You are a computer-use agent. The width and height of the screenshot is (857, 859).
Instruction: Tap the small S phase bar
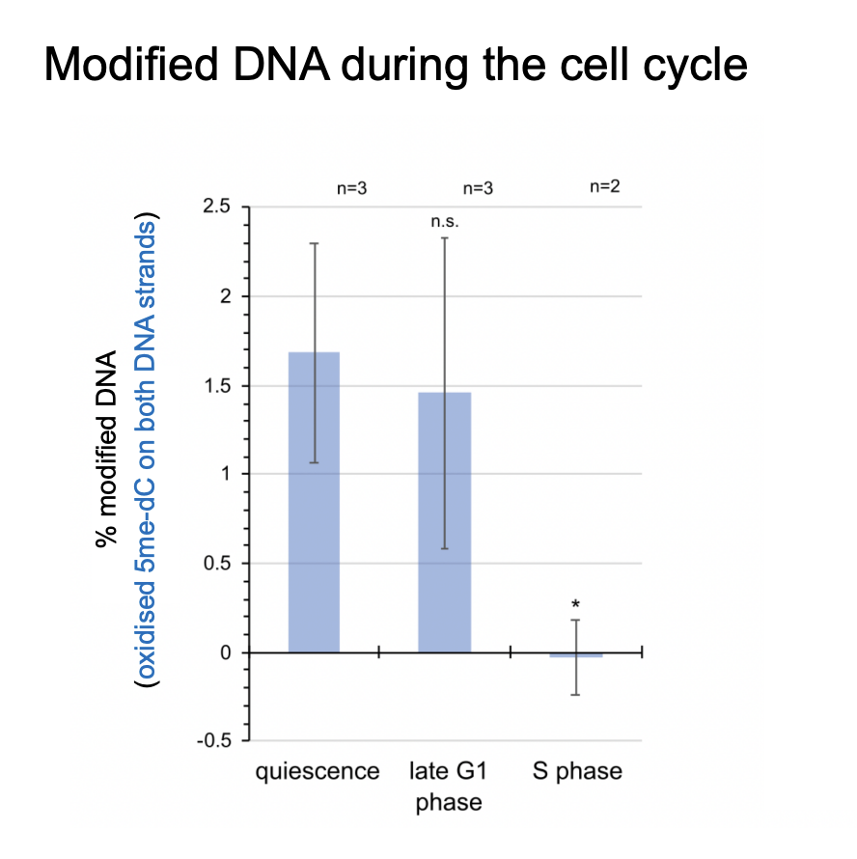(x=576, y=655)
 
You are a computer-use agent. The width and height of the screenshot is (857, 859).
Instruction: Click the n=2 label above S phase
(x=604, y=186)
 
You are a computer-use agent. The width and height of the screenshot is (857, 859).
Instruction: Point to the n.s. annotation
(x=445, y=221)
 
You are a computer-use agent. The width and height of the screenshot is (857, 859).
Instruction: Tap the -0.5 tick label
(x=215, y=741)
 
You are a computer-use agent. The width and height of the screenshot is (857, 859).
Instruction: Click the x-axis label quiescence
(x=317, y=772)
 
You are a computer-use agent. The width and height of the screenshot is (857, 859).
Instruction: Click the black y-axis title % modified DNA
(x=106, y=450)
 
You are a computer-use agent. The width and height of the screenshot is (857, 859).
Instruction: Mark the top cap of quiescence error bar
(x=314, y=243)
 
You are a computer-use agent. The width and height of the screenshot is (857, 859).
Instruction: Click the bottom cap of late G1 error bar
(x=444, y=548)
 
